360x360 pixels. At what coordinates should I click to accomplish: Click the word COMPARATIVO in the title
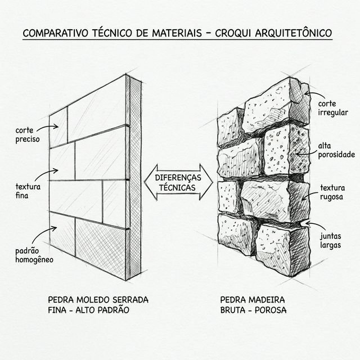pos(55,33)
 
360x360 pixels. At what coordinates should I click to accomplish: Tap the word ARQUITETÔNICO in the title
pos(294,33)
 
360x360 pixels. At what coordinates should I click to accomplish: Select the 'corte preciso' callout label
pos(28,135)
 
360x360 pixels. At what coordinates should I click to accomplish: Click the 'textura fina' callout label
pos(28,191)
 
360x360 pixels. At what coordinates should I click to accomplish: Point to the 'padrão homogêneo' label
pos(34,255)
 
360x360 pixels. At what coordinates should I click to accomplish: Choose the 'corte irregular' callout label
pos(333,108)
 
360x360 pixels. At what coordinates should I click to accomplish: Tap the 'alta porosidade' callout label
pos(336,150)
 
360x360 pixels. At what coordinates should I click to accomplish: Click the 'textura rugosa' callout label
pos(332,192)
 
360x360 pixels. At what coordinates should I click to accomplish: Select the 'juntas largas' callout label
pos(331,241)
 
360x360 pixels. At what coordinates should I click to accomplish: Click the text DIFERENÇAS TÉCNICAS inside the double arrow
pos(178,182)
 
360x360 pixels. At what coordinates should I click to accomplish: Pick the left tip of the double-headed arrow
pos(145,182)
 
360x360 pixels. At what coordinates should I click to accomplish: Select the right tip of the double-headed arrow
pos(213,183)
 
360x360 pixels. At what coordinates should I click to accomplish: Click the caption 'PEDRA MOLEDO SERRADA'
pos(98,300)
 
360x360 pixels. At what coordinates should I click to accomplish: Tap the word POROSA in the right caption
pos(271,310)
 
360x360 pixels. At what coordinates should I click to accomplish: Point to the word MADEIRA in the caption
pos(267,300)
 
